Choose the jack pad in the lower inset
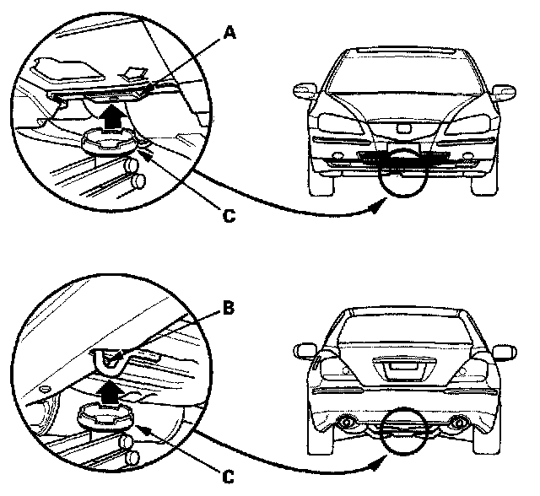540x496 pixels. (100, 417)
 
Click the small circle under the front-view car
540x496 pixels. (402, 174)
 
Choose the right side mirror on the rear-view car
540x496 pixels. (504, 350)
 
